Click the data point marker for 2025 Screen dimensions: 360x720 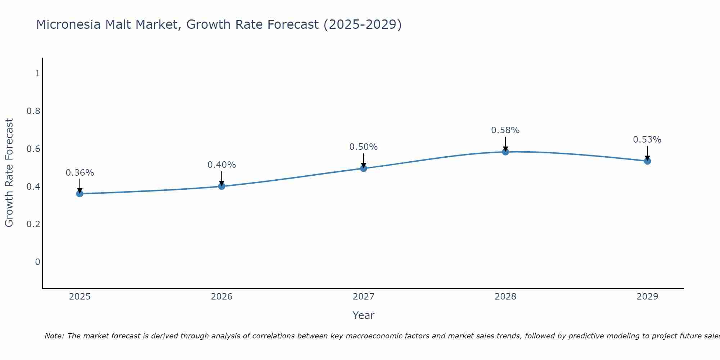(x=80, y=194)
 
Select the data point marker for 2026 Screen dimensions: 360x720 (x=221, y=186)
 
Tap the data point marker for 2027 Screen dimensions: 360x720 (x=363, y=168)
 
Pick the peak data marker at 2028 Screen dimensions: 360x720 (x=505, y=152)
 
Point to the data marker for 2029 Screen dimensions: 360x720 (x=647, y=161)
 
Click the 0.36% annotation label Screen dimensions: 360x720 (x=80, y=173)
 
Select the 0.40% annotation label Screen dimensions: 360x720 (x=221, y=165)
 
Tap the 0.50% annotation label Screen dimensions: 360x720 (x=363, y=147)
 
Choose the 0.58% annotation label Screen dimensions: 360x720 (x=505, y=130)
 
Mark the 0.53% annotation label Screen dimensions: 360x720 (x=647, y=140)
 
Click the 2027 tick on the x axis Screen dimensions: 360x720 (x=363, y=297)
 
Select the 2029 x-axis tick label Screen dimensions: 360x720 (x=647, y=297)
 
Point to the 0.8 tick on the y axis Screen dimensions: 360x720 (x=33, y=111)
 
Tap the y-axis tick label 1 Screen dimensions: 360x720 (x=37, y=73)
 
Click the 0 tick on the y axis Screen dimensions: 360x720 (x=37, y=262)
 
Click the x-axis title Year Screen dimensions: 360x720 (x=363, y=315)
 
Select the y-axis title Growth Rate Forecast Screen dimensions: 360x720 (x=9, y=173)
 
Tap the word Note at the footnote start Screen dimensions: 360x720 (x=54, y=336)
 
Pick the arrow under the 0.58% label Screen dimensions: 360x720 (x=505, y=144)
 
